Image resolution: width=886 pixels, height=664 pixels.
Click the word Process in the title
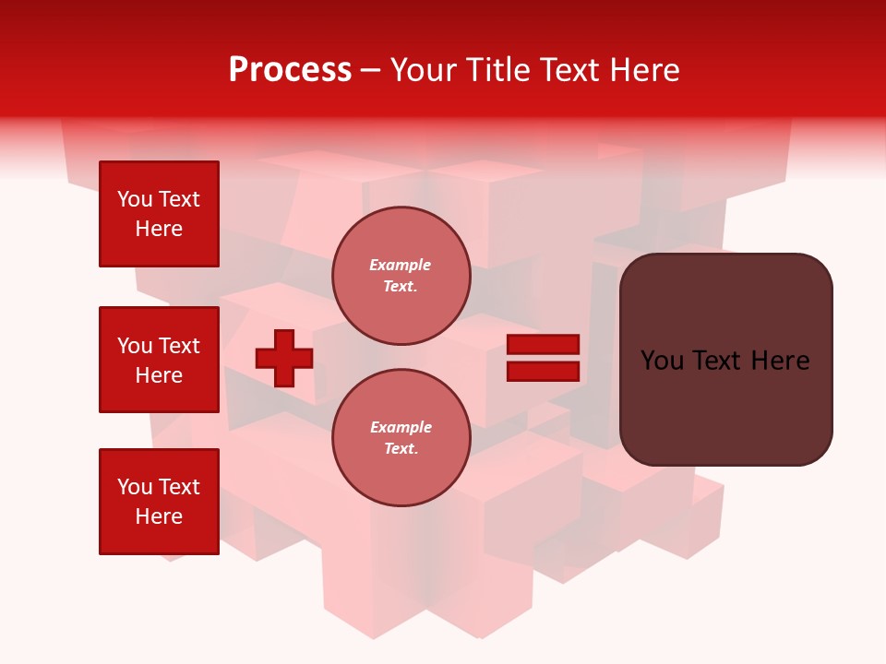[x=290, y=70]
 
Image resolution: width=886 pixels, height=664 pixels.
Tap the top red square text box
[x=159, y=214]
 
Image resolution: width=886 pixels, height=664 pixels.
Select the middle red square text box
[x=159, y=360]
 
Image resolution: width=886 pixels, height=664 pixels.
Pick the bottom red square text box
[x=159, y=502]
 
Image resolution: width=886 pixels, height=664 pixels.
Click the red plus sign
[x=284, y=358]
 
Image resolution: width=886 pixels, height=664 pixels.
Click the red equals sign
[x=543, y=358]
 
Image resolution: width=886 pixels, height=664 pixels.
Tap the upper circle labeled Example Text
[x=401, y=276]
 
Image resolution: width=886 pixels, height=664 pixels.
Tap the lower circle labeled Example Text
[x=401, y=437]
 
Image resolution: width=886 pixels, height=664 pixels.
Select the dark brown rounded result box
[x=725, y=406]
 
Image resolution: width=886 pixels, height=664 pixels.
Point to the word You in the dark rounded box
[x=662, y=361]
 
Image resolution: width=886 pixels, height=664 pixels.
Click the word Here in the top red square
[x=159, y=229]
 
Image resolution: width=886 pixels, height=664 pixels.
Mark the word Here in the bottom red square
[x=159, y=516]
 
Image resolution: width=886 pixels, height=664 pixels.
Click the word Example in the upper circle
[x=401, y=265]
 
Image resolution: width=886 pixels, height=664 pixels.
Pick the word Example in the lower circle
[x=401, y=427]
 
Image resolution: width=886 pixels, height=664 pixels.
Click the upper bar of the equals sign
[x=543, y=345]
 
